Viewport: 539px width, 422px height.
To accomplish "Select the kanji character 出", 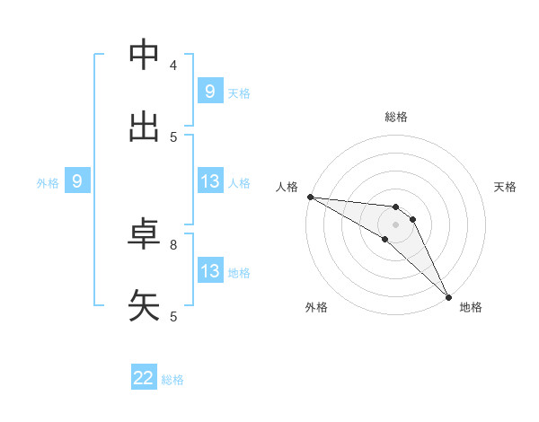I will tap(145, 128).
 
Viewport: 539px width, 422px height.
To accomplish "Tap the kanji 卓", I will tap(145, 234).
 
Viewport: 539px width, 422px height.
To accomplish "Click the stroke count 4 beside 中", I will tap(173, 65).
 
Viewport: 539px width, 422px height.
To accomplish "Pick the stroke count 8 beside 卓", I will tap(173, 243).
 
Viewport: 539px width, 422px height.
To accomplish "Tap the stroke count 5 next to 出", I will tap(173, 137).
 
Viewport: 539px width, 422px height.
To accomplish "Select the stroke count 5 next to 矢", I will tap(173, 315).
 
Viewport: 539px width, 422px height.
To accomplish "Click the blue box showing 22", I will tap(144, 378).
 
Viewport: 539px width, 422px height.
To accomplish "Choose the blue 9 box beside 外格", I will tap(77, 182).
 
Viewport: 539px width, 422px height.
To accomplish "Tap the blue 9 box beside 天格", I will tap(209, 91).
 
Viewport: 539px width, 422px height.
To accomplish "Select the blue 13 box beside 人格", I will tap(209, 181).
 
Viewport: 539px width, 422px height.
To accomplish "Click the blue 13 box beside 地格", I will tap(209, 271).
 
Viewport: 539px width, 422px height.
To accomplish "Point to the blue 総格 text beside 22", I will tap(172, 380).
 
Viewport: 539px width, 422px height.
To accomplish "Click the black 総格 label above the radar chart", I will tap(396, 117).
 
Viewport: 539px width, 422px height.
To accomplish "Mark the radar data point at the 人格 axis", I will tap(310, 197).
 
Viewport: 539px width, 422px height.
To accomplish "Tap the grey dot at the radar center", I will tap(395, 224).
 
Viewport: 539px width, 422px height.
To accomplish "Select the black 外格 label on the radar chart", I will tap(316, 307).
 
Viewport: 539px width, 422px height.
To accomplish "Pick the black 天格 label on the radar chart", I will tap(505, 187).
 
